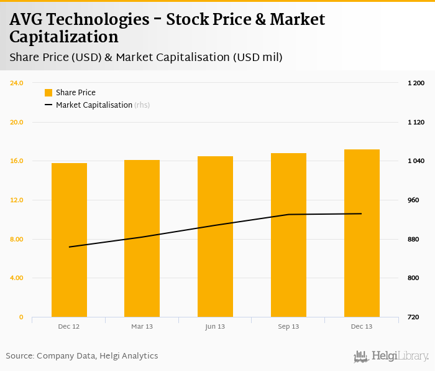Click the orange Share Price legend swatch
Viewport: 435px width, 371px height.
tap(48, 93)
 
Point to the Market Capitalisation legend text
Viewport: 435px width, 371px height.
tap(94, 105)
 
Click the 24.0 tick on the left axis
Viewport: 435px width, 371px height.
tap(17, 83)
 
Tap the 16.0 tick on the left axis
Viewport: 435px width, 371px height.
tap(17, 161)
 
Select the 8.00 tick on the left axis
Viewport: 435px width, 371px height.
tap(17, 239)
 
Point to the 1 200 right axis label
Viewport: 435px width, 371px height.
tap(416, 83)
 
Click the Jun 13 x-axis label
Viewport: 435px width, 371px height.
tap(215, 326)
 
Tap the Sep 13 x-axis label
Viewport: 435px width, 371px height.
tap(288, 326)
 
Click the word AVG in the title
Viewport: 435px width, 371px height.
tap(28, 19)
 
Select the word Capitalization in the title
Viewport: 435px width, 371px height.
tap(63, 37)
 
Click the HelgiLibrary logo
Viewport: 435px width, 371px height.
tap(391, 357)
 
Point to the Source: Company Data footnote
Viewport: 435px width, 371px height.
tap(82, 356)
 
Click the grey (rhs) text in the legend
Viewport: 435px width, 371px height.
tap(142, 105)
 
